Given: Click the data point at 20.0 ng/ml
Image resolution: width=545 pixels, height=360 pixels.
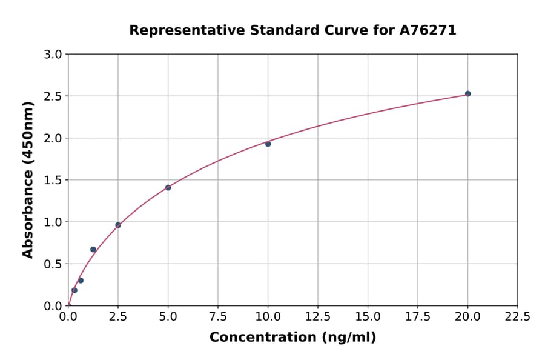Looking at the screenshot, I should coord(467,93).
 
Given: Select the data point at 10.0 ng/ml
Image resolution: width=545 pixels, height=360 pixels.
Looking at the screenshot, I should coord(268,144).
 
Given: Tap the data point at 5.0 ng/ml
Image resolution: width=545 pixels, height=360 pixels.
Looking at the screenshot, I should coord(168,187).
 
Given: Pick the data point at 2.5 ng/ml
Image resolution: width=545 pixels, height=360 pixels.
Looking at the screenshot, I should coord(118,225).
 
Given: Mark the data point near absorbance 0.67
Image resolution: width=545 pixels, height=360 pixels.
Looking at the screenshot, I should coord(93,249).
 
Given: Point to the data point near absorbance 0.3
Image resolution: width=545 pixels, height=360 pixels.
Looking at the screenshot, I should coord(81,280).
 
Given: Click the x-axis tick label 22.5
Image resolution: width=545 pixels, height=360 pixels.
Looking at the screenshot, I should coord(518,316).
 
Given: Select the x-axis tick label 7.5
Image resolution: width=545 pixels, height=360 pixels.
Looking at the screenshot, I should coord(218,316).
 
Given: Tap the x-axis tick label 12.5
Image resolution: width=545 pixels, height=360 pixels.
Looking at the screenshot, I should coord(318,316).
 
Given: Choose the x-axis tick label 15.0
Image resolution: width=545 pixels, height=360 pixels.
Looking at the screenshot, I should coord(368,316).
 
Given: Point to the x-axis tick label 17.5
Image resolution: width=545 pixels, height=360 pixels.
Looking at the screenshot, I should coord(418,316).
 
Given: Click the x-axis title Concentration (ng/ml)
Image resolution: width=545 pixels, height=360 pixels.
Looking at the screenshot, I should coord(292,337).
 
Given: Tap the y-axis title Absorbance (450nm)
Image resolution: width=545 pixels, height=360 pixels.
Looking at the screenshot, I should coord(28,179).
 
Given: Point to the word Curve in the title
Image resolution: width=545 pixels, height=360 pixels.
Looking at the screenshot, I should coord(332,30).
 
